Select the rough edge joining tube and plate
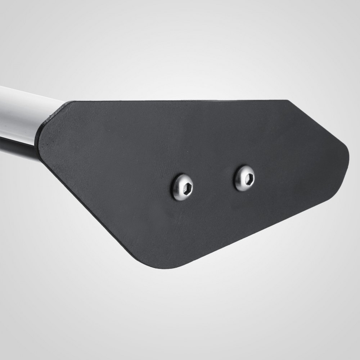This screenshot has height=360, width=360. [52, 114]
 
